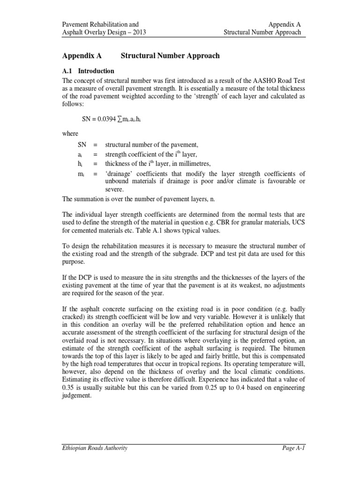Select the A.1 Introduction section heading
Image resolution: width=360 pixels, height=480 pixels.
click(89, 71)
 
